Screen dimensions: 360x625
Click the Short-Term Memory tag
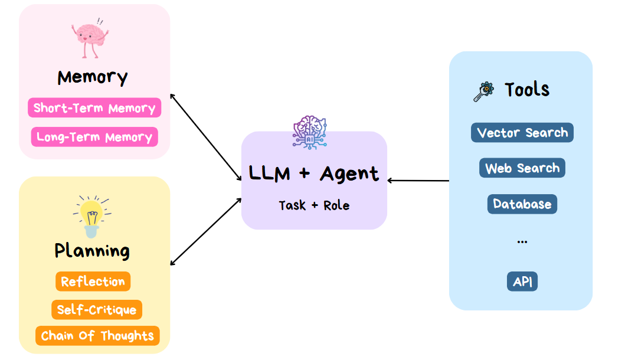tap(94, 108)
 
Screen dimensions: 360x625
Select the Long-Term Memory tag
tap(94, 137)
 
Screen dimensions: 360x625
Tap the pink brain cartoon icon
tap(90, 40)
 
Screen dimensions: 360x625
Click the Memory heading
tap(93, 77)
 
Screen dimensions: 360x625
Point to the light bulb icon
tap(91, 216)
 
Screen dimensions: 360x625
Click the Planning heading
tap(92, 251)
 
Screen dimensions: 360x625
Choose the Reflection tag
tap(93, 282)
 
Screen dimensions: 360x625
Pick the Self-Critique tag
tap(97, 310)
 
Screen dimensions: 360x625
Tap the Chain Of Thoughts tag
tap(97, 336)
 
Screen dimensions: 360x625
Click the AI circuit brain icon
tap(310, 132)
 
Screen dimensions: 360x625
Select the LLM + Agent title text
tap(314, 174)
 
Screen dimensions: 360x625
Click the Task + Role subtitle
tap(314, 205)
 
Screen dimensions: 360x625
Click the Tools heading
tap(527, 90)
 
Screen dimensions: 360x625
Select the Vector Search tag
tap(522, 133)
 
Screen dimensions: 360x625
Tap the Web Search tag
tap(522, 168)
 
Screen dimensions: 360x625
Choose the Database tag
tap(522, 204)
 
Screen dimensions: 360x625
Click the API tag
tap(522, 282)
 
